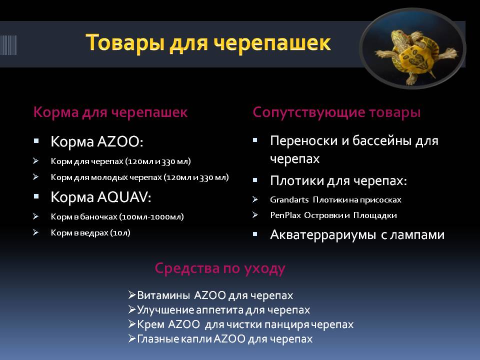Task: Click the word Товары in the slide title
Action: pos(125,42)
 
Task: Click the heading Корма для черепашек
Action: pos(110,112)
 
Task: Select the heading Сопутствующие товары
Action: pos(336,112)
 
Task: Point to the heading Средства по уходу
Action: pos(220,268)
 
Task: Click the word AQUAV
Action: pos(124,197)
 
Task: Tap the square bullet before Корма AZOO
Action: pos(36,141)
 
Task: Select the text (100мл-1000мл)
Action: pos(151,217)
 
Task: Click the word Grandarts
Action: pos(289,200)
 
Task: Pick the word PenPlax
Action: pos(285,215)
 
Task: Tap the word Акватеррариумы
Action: pos(323,235)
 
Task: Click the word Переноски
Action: pos(304,141)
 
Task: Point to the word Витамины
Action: pos(164,295)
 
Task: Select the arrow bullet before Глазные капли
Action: pos(132,338)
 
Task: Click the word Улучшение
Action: pos(165,310)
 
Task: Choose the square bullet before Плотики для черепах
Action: pos(255,180)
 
